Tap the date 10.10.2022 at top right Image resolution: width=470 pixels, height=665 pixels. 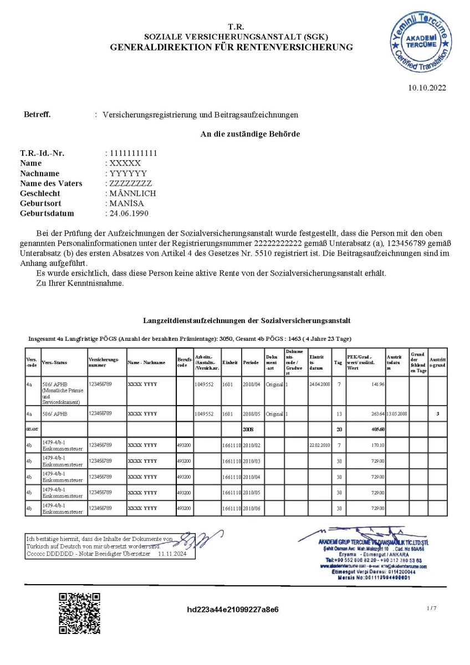point(427,88)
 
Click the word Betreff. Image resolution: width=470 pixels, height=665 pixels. point(37,115)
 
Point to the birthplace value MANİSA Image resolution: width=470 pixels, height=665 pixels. point(127,203)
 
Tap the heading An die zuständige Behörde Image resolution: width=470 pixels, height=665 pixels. point(250,134)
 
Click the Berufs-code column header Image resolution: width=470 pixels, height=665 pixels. point(184,362)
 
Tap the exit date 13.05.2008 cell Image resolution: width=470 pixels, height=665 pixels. point(397,413)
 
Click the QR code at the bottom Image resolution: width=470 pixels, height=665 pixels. point(80,613)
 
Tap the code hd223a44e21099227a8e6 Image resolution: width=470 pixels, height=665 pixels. point(233,610)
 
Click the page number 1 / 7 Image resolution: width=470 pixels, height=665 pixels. point(432,608)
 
